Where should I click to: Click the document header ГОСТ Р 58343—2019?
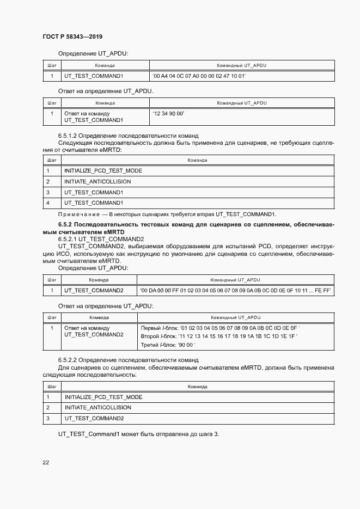point(72,36)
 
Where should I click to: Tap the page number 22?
point(46,462)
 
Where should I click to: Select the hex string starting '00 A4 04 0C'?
point(199,76)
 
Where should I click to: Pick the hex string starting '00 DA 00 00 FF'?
point(235,291)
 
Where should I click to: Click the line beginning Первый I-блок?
point(220,328)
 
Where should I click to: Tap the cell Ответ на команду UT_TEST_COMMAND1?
point(94,116)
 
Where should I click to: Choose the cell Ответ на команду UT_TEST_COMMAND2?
point(94,332)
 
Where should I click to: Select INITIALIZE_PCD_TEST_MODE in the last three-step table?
point(103,397)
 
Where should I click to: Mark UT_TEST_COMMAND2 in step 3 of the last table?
point(94,418)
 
